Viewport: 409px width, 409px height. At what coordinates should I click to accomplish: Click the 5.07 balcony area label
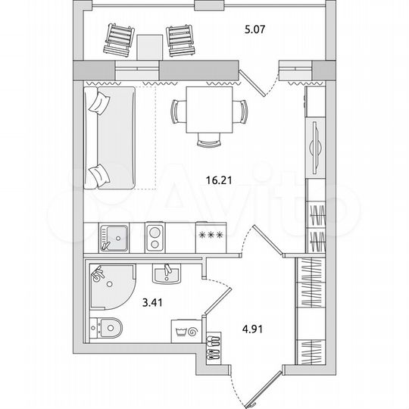(x=254, y=31)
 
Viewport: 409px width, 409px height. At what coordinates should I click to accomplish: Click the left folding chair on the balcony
(x=120, y=40)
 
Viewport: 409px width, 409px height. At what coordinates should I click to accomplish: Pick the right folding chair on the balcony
(x=180, y=40)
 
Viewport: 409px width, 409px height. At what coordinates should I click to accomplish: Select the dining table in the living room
(x=208, y=108)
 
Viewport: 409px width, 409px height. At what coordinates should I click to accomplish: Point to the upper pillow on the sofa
(x=98, y=103)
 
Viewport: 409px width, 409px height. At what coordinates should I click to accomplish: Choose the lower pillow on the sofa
(x=97, y=175)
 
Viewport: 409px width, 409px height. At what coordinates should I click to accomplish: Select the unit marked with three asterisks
(x=210, y=236)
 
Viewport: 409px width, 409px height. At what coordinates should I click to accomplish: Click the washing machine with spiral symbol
(x=189, y=331)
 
